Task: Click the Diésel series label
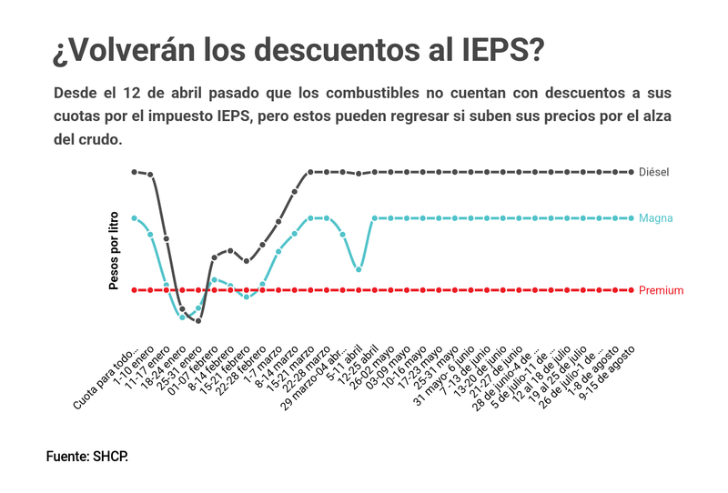coord(653,172)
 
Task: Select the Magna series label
coord(655,218)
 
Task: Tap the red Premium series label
coord(661,290)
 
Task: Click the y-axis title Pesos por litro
coord(115,248)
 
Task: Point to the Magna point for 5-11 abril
coord(359,269)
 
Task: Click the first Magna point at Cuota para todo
coord(134,218)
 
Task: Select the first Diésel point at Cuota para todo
coord(134,171)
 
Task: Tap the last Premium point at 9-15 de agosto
coord(632,290)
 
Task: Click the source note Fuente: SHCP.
coord(87,455)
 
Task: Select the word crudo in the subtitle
coord(97,140)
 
